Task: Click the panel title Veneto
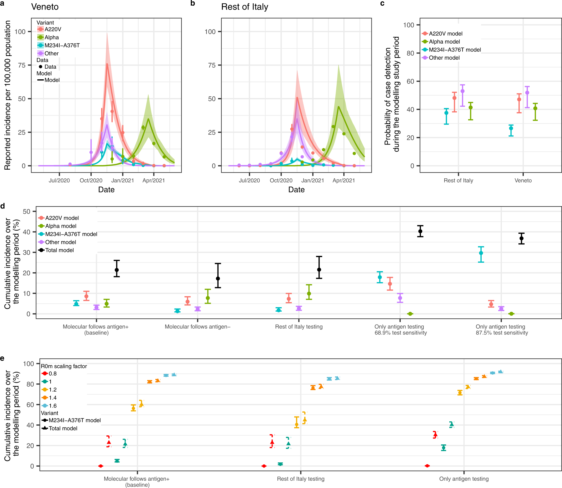coord(45,7)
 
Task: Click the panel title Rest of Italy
coord(244,7)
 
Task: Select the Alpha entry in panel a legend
coord(51,37)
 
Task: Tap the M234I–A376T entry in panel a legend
coord(62,45)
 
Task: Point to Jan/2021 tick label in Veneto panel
coord(123,181)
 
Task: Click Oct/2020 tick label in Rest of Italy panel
coord(281,181)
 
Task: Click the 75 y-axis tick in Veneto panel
coord(22,65)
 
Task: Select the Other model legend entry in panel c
coord(444,58)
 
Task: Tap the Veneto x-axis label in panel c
coord(523,181)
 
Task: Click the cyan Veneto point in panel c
coord(511,128)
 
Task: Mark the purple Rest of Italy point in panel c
coord(463,91)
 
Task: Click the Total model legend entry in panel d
coord(59,250)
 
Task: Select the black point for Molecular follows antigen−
coord(218,278)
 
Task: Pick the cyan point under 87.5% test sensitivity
coord(481,253)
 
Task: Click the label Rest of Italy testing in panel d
coord(299,327)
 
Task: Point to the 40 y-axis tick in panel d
coord(26,232)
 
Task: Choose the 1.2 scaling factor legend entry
coord(53,390)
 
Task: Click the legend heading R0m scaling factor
coord(64,366)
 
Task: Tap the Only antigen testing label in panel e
coord(464,479)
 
